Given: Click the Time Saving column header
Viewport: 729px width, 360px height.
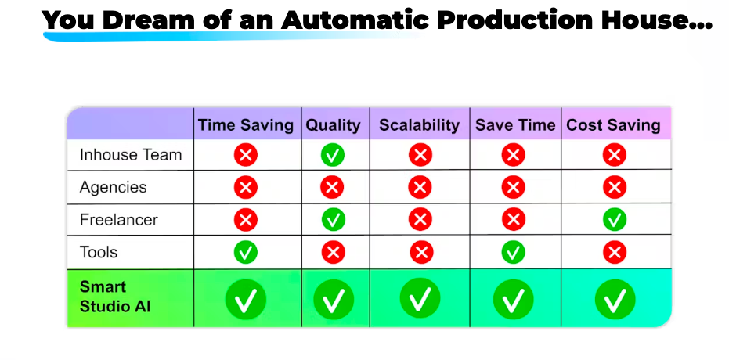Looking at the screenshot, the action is point(246,125).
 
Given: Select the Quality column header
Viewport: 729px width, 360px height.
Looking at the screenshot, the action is point(333,125).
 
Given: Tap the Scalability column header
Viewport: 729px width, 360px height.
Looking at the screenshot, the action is point(420,125).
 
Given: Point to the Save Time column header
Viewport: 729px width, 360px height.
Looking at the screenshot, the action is point(515,125).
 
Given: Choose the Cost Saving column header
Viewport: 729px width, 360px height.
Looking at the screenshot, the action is point(613,125).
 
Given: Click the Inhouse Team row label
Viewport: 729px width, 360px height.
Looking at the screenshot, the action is point(131,155).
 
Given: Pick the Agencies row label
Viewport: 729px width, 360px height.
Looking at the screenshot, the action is point(113,187).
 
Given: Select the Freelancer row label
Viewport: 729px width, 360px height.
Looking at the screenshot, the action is point(118,220).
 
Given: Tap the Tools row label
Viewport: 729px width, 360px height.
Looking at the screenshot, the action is point(99,252).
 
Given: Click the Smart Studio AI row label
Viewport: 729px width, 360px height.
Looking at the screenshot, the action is point(115,297).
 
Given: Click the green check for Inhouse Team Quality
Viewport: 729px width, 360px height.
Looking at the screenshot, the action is point(333,155).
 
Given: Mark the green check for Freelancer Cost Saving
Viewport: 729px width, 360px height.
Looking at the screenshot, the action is point(615,220).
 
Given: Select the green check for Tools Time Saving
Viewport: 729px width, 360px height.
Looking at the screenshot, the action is point(246,253).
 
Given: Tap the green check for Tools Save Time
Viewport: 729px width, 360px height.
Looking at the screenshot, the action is point(514,253).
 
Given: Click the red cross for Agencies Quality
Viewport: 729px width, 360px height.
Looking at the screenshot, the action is point(332,188).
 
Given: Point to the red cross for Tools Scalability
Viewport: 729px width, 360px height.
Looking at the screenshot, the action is point(422,253).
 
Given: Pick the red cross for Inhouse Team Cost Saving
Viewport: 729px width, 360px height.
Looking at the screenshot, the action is point(614,155).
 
